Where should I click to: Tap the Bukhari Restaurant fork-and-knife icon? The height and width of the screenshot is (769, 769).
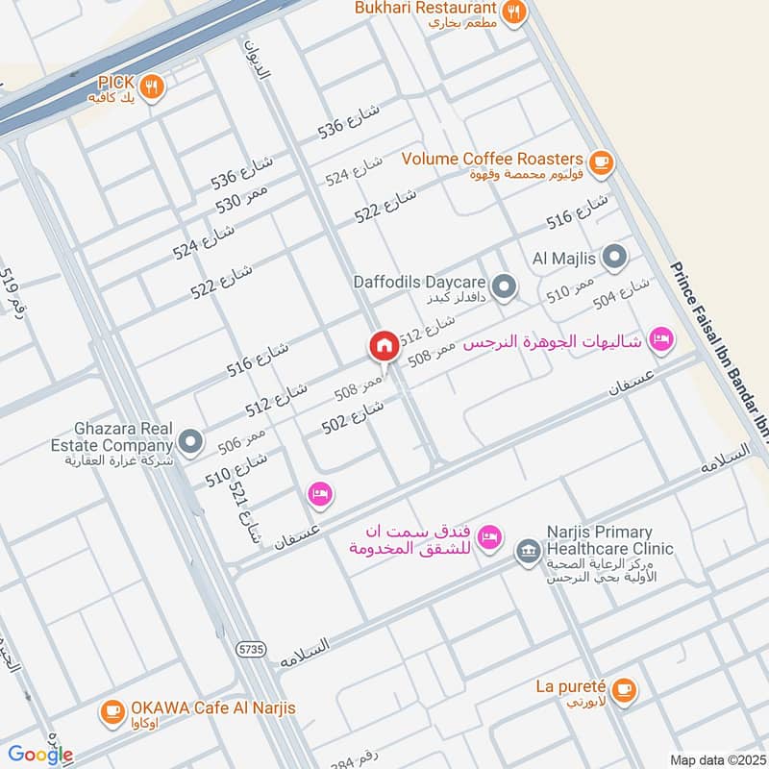pyautogui.click(x=514, y=12)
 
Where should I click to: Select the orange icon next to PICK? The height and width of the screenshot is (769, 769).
pyautogui.click(x=151, y=87)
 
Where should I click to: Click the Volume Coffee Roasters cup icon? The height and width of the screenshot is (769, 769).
pyautogui.click(x=602, y=161)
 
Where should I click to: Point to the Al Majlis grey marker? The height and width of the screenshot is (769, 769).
pyautogui.click(x=615, y=257)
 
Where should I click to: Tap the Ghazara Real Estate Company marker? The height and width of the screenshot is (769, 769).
pyautogui.click(x=190, y=441)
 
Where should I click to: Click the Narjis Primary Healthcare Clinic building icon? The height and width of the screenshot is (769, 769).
pyautogui.click(x=527, y=551)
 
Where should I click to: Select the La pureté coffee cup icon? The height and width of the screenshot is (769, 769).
pyautogui.click(x=623, y=689)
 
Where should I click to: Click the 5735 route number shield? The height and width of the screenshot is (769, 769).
pyautogui.click(x=251, y=650)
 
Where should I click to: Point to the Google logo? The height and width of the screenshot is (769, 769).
pyautogui.click(x=40, y=755)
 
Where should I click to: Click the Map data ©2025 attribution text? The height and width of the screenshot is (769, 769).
pyautogui.click(x=716, y=759)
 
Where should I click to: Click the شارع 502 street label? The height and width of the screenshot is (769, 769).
pyautogui.click(x=353, y=418)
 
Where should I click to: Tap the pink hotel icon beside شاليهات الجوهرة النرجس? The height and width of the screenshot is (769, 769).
pyautogui.click(x=660, y=337)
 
